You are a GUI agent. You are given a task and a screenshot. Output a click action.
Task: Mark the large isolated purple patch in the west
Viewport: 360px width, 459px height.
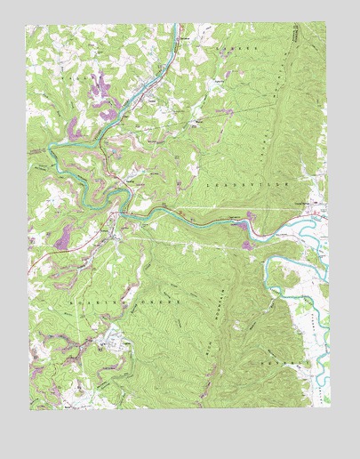(x=64, y=237)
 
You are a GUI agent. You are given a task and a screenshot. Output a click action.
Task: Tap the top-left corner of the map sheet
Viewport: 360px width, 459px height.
(x=28, y=24)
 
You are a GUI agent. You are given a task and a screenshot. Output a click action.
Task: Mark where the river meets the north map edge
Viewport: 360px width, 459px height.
(x=178, y=25)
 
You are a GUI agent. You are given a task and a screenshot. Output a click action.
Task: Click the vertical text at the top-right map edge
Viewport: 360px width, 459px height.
(x=295, y=36)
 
